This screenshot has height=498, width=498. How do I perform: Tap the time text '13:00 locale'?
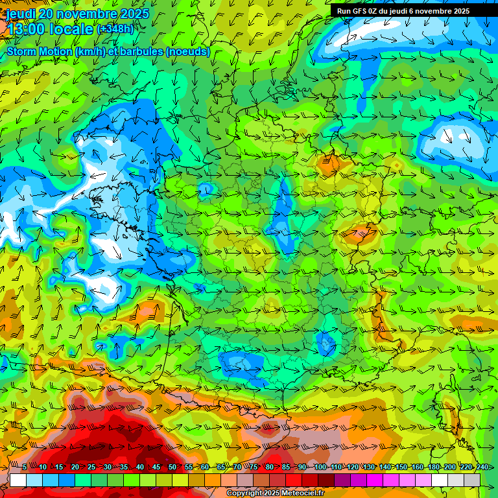[51, 29]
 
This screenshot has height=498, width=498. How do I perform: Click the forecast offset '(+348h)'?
[115, 29]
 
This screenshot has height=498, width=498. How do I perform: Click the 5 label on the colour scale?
[25, 467]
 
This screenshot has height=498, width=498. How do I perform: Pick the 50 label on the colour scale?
[172, 467]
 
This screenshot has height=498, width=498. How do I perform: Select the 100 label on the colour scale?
[320, 467]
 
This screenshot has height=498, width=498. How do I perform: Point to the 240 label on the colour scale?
[482, 467]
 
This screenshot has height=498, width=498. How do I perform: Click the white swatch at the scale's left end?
[18, 480]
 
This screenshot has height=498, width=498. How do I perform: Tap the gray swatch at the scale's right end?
[472, 480]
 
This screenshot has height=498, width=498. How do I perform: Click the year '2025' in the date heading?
[131, 14]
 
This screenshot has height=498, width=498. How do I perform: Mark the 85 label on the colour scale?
[285, 467]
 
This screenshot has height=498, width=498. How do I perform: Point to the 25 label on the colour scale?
[91, 467]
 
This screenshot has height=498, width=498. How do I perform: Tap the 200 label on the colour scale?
[449, 467]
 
